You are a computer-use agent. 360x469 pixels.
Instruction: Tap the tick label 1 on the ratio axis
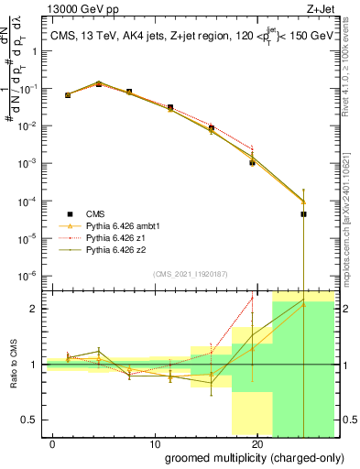[38, 365]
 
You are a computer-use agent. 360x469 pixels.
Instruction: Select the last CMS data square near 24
[303, 214]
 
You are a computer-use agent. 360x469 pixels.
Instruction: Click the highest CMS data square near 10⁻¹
[99, 83]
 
